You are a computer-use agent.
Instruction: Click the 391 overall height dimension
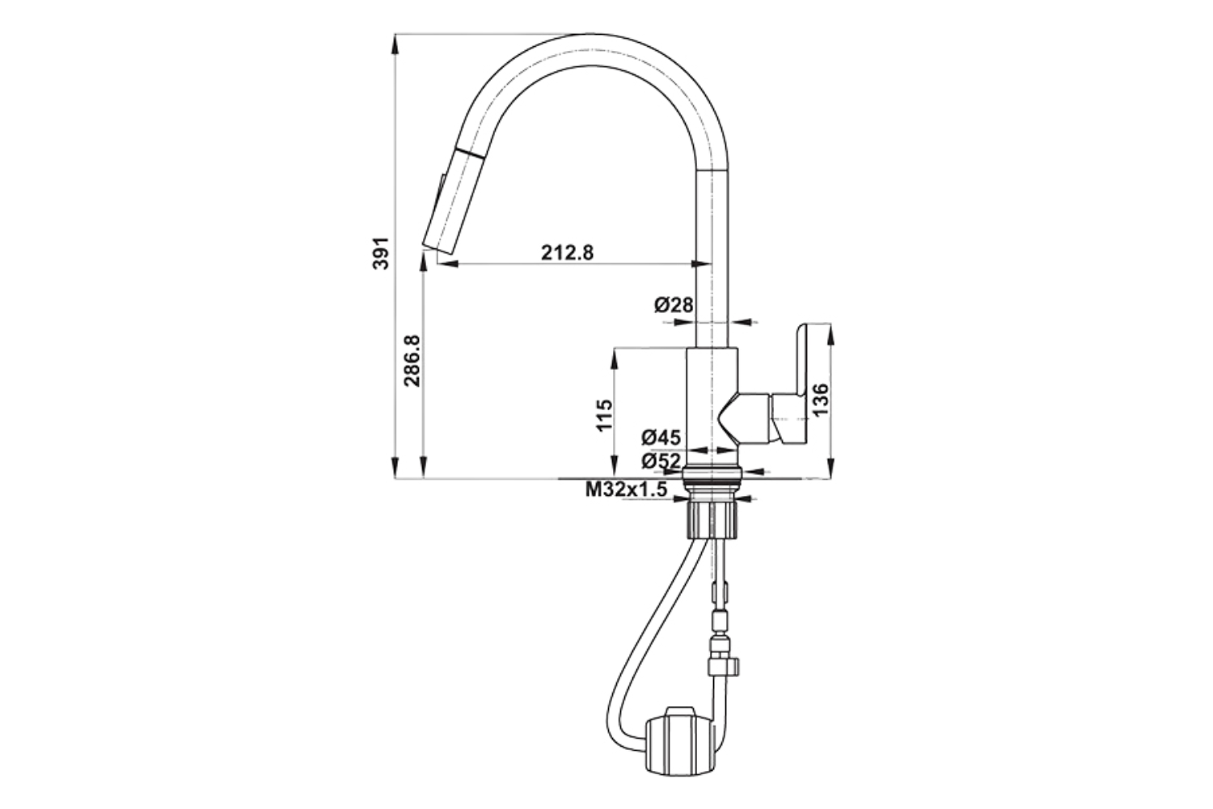(382, 252)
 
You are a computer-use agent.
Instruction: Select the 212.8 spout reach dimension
(567, 252)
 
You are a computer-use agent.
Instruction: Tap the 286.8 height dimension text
(412, 360)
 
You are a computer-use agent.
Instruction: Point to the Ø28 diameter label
(673, 305)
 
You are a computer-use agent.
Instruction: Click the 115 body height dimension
(604, 415)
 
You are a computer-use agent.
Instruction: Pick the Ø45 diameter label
(661, 437)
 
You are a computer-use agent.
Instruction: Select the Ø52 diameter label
(661, 461)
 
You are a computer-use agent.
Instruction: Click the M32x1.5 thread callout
(626, 489)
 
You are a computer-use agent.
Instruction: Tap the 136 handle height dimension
(821, 400)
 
